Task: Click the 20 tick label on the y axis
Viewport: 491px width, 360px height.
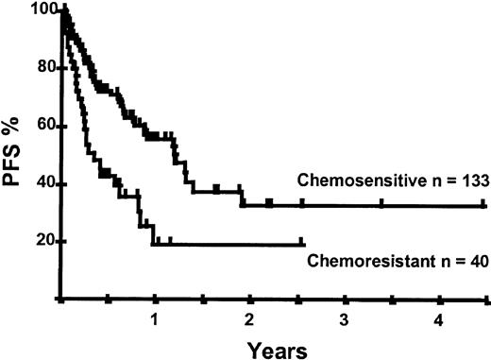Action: pyautogui.click(x=42, y=241)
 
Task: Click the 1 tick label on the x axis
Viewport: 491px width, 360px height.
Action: pyautogui.click(x=154, y=318)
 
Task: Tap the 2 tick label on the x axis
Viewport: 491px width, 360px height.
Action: pyautogui.click(x=249, y=318)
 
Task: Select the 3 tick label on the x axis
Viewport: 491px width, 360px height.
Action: pyautogui.click(x=344, y=318)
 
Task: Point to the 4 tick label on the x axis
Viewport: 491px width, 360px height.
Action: pyautogui.click(x=438, y=318)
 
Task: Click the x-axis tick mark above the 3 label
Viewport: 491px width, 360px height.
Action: pyautogui.click(x=344, y=300)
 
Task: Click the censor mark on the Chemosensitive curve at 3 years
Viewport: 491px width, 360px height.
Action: pyautogui.click(x=344, y=204)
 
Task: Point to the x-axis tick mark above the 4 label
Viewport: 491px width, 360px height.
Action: pyautogui.click(x=439, y=300)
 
